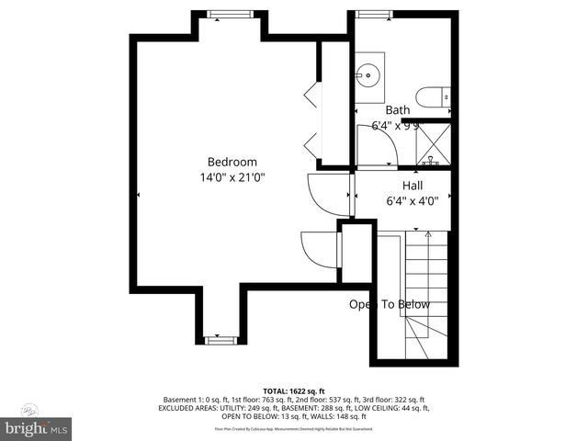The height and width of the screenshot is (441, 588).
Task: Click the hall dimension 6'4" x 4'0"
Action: coord(413,200)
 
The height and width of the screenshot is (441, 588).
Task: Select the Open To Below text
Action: coord(389,304)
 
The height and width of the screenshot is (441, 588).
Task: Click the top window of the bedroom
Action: coord(220,14)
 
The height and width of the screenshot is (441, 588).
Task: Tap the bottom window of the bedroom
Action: coord(220,340)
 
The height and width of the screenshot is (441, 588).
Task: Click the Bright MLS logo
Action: coord(37,428)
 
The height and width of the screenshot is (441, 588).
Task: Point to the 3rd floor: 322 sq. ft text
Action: coord(395,400)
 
